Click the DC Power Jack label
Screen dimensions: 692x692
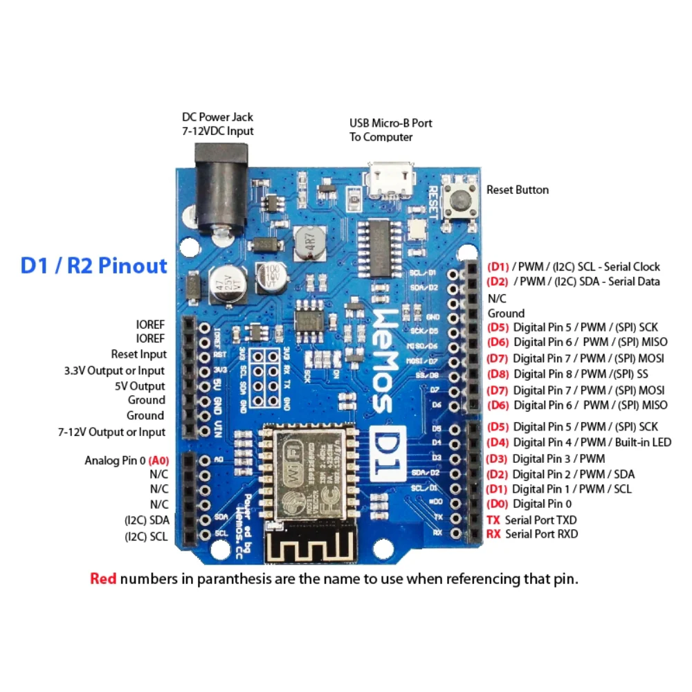217,124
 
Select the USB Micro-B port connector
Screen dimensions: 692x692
391,181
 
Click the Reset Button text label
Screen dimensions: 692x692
517,190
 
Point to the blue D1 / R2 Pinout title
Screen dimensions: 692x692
93,266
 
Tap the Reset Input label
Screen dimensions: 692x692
138,354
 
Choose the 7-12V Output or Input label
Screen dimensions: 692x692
111,432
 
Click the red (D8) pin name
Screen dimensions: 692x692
498,374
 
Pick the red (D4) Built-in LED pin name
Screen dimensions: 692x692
498,442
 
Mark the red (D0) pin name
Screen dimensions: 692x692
498,504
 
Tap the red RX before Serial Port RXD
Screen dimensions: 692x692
493,534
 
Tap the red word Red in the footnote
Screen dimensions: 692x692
103,579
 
